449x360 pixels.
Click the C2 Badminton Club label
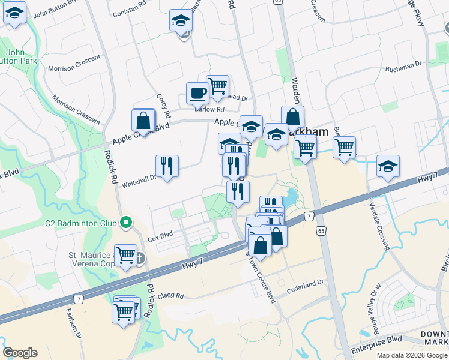tap(80, 224)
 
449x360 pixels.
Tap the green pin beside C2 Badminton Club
tap(125, 223)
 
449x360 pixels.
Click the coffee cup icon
tap(197, 93)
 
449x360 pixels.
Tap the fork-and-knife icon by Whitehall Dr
tap(167, 166)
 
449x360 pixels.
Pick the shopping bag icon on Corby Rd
tap(144, 121)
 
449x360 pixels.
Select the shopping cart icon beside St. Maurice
tap(125, 256)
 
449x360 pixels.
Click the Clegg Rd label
tap(171, 295)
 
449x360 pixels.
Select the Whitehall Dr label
tap(139, 178)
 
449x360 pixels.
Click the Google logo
tap(20, 352)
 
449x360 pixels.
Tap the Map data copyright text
tap(412, 355)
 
